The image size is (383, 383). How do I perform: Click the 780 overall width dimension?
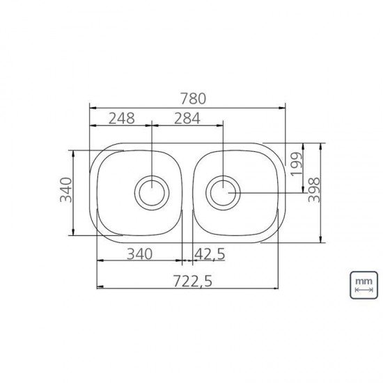pyautogui.click(x=193, y=98)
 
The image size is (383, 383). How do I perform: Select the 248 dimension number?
pyautogui.click(x=121, y=118)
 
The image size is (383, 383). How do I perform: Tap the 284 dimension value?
pyautogui.click(x=187, y=118)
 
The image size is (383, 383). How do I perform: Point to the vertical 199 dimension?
pyautogui.click(x=296, y=164)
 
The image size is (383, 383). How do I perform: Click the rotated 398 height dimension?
pyautogui.click(x=314, y=190)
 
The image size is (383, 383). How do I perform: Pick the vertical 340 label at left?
pyautogui.click(x=66, y=190)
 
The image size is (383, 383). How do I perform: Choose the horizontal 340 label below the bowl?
pyautogui.click(x=140, y=253)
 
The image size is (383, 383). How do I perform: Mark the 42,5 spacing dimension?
pyautogui.click(x=210, y=254)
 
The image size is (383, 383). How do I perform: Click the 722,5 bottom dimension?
pyautogui.click(x=193, y=281)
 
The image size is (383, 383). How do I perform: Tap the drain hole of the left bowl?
pyautogui.click(x=152, y=193)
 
